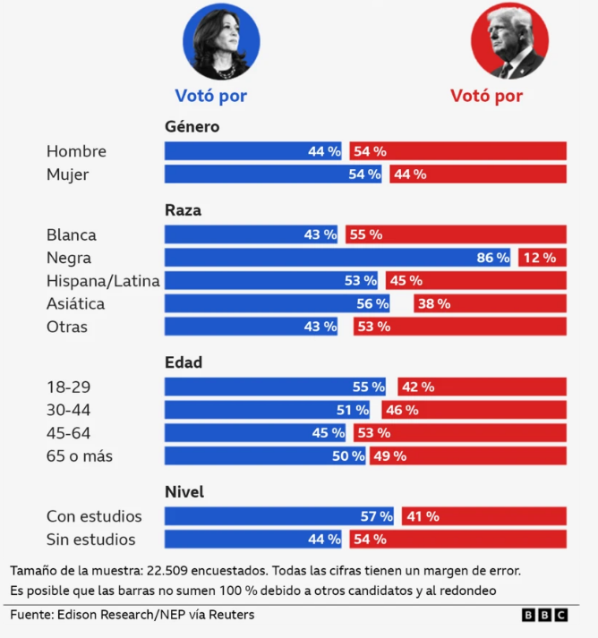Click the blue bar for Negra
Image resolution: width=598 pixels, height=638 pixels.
click(337, 258)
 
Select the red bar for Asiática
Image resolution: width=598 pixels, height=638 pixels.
click(490, 303)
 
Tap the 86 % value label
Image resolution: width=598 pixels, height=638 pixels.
click(492, 258)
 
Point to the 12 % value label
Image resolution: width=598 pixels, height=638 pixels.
click(539, 258)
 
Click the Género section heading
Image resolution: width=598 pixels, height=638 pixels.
click(192, 127)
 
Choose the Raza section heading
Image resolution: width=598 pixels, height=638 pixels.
click(183, 210)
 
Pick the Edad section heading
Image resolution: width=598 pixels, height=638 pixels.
click(184, 362)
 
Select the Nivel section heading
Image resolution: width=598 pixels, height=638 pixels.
click(184, 492)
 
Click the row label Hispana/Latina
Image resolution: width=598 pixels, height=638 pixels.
click(103, 281)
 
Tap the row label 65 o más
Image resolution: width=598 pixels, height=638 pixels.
click(80, 456)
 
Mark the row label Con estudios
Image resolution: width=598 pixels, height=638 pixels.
click(94, 516)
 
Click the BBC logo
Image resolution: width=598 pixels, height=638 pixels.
click(544, 616)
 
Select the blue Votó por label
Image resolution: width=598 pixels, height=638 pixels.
click(210, 96)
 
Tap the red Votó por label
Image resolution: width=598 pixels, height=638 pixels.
click(486, 96)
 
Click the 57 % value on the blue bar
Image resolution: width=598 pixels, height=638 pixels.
click(376, 516)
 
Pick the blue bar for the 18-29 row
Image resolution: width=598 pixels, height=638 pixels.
click(275, 387)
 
